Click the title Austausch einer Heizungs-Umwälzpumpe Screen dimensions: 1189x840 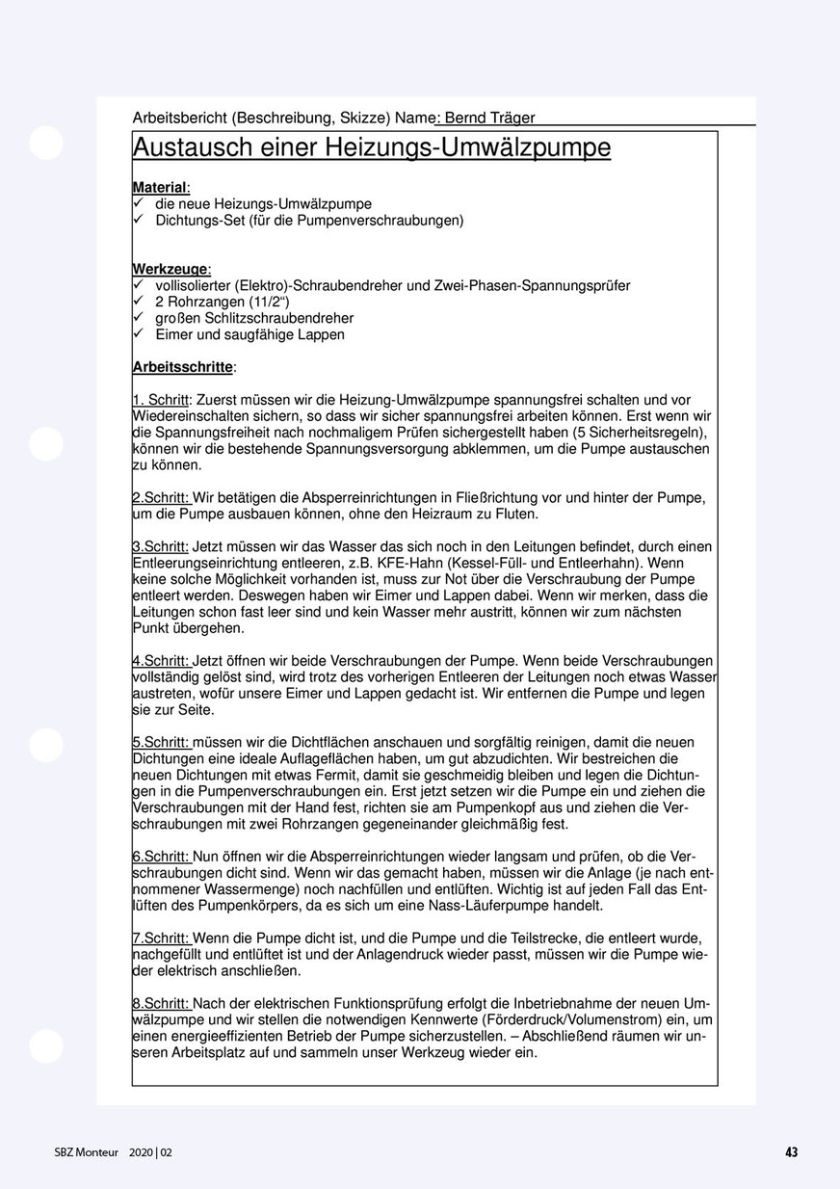[x=371, y=147]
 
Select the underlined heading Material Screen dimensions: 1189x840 [x=160, y=187]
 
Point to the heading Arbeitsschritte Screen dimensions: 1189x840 [x=183, y=367]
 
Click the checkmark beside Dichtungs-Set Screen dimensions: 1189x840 [x=139, y=220]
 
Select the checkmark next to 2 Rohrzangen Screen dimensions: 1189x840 [x=139, y=302]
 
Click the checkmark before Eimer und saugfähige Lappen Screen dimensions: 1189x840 [x=139, y=334]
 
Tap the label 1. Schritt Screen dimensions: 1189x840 [x=161, y=400]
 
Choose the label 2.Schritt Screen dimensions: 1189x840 [x=161, y=498]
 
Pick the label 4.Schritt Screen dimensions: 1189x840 [x=161, y=662]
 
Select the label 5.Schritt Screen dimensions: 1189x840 [x=161, y=743]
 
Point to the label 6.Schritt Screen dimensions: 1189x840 [x=161, y=858]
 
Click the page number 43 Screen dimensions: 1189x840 [x=792, y=1152]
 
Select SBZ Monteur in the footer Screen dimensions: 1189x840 [x=88, y=1152]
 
